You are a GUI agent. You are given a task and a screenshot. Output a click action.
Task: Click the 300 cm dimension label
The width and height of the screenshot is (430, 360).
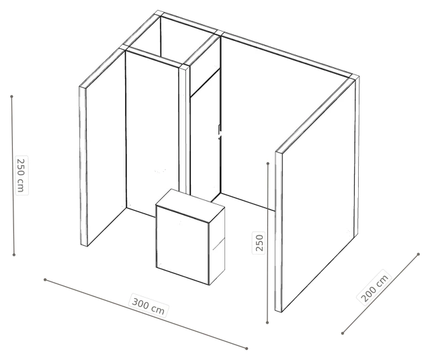coord(148,306)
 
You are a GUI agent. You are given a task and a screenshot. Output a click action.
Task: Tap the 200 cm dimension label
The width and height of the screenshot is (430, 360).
coord(374,287)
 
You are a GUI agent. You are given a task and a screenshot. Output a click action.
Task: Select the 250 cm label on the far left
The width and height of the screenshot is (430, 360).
coord(21,175)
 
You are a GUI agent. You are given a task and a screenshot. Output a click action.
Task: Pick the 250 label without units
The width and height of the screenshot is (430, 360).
coord(259,243)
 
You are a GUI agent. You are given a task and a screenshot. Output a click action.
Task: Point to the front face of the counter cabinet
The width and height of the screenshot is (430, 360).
coord(183,244)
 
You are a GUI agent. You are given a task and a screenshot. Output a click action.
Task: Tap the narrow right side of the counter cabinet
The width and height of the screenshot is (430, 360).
coord(218,246)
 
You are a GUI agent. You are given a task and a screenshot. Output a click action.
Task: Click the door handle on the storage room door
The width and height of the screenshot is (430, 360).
coord(220,132)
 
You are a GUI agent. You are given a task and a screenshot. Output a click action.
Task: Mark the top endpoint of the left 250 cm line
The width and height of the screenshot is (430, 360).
coord(11,97)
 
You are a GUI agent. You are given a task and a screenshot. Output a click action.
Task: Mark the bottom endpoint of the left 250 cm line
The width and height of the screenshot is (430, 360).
coord(14,255)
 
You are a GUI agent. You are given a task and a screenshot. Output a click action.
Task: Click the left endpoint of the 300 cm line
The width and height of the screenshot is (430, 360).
coord(45,279)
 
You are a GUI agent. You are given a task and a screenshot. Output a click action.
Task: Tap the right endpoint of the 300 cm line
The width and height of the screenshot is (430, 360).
coord(247,349)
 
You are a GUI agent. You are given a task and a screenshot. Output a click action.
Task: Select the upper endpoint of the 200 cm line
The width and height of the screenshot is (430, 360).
coord(418,254)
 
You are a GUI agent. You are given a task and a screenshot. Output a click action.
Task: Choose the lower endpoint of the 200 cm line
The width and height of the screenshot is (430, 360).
coord(343,333)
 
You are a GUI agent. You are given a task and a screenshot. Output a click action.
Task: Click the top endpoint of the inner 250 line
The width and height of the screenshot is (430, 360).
coord(268,163)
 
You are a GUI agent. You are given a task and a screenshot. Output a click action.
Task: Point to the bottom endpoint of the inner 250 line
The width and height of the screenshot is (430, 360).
coord(267,322)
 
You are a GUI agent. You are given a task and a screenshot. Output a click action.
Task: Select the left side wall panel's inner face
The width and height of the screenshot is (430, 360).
coord(106,148)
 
